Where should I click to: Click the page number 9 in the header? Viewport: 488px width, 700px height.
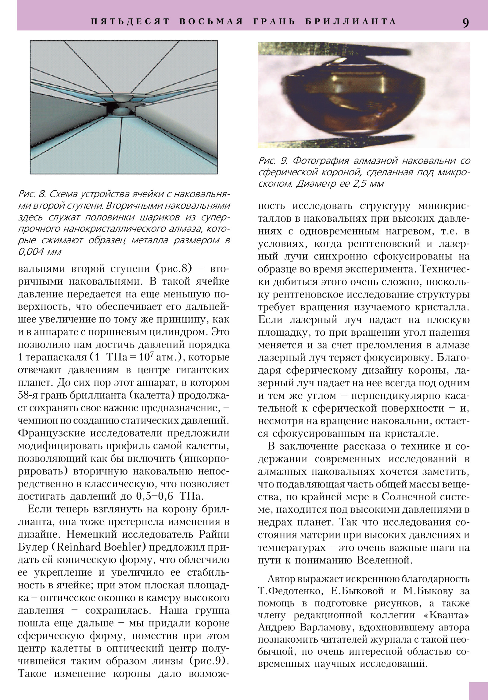coord(465,22)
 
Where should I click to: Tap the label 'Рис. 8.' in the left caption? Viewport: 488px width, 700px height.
coord(32,194)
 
